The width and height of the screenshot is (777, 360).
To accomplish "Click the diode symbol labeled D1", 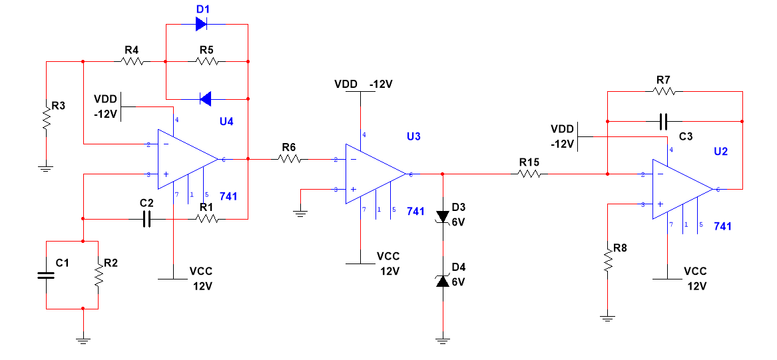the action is (x=202, y=23).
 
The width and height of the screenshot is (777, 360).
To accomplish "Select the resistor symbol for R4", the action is (x=132, y=62).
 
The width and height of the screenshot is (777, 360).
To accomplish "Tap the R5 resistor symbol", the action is (x=207, y=62).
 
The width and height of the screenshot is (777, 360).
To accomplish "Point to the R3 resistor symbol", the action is (x=46, y=117).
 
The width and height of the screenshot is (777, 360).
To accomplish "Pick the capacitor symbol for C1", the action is (x=46, y=275).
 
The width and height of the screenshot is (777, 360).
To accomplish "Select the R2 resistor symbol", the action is (x=98, y=274).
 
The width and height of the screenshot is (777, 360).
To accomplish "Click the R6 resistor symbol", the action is (x=290, y=159).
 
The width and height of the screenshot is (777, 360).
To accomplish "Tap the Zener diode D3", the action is (x=442, y=218).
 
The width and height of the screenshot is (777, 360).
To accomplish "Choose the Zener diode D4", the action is (x=442, y=281).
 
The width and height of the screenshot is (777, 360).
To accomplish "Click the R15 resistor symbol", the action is (x=529, y=174).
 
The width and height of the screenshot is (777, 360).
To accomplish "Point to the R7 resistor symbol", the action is (x=664, y=91).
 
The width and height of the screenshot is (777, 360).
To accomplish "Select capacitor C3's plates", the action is (x=664, y=121).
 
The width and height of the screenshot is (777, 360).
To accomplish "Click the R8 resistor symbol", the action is (x=607, y=260).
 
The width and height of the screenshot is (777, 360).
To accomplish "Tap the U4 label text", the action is (x=226, y=122).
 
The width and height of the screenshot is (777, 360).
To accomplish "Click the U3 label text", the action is (x=413, y=136).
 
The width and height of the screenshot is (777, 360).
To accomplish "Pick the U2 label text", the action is (x=720, y=152).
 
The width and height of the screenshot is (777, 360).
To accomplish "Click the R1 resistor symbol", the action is (x=207, y=218).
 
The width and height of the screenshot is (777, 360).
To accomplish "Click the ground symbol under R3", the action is (x=45, y=168).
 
